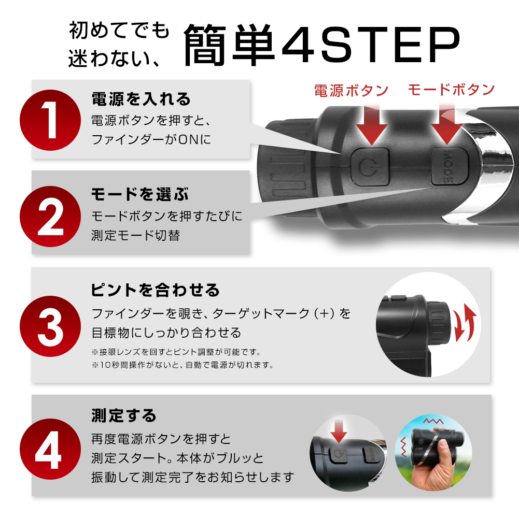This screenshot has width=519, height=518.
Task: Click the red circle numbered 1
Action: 50,120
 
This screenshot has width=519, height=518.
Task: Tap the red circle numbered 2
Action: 50,217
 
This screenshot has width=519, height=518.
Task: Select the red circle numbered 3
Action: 50,326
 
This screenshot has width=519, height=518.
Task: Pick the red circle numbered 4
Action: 50,449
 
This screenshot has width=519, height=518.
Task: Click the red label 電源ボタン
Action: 351,91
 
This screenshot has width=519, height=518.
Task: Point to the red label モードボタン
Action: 451,90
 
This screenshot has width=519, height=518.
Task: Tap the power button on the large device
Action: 370,167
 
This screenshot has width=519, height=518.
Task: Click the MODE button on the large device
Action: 450,166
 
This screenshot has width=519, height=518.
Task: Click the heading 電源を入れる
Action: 141,99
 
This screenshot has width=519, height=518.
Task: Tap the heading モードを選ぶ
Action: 140,194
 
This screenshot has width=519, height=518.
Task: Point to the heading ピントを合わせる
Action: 155,290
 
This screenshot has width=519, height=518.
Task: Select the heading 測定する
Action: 124,415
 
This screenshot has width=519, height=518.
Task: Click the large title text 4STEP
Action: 371,44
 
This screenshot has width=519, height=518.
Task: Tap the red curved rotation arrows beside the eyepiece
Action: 465,323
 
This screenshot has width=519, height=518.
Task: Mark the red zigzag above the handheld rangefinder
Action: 433,421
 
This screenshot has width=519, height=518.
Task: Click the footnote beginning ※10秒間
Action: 183,365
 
